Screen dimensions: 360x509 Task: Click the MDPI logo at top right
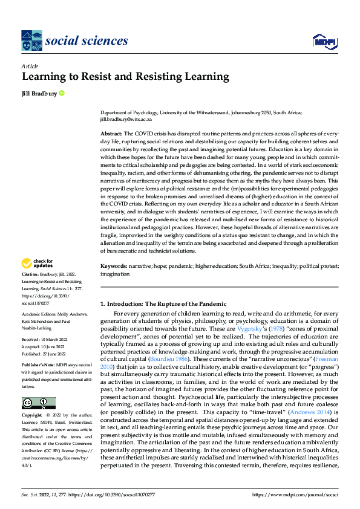coord(323,41)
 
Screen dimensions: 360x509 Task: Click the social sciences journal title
coord(87,41)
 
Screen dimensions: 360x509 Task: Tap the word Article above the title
coord(30,66)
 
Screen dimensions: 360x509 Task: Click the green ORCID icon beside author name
coord(62,93)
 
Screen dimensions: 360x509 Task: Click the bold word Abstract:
coord(111,133)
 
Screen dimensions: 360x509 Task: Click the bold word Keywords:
coord(113,266)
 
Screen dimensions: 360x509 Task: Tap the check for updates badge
coord(37,264)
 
